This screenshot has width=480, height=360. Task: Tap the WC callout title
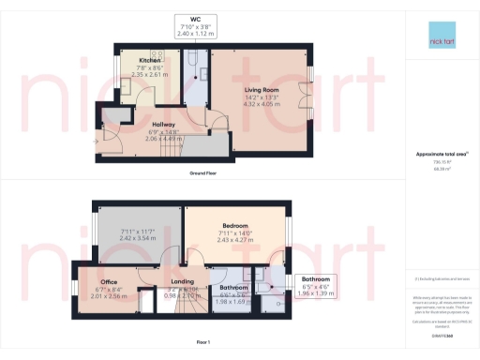tap(195, 19)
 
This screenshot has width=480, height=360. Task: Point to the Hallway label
tap(164, 123)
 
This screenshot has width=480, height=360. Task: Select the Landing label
tap(182, 280)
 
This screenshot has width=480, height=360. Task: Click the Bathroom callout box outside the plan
tap(315, 285)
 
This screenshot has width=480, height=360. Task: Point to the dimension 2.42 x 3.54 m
tap(137, 239)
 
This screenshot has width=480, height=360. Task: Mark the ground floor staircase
tap(192, 148)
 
